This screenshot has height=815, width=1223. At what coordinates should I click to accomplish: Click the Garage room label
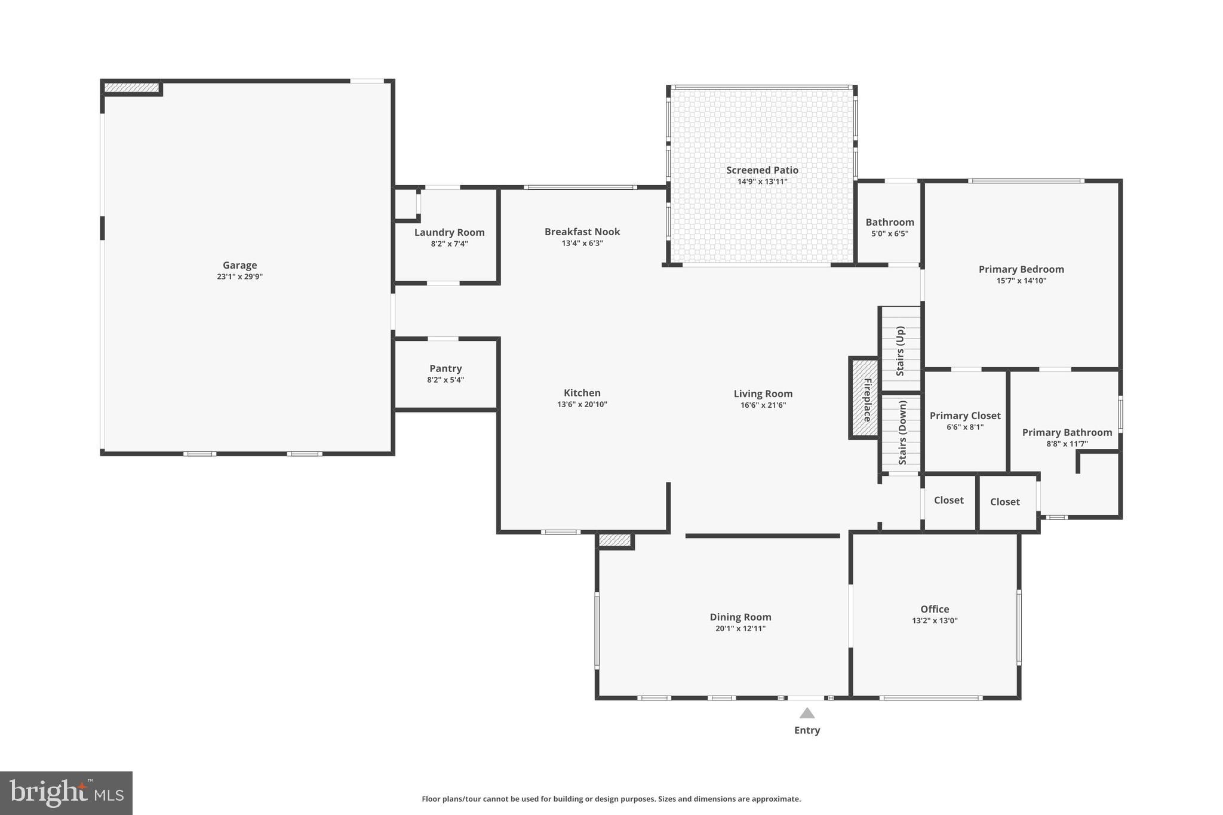(x=239, y=265)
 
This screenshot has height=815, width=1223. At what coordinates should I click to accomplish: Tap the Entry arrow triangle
(x=807, y=713)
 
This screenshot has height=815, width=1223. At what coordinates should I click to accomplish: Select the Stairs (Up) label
(x=901, y=350)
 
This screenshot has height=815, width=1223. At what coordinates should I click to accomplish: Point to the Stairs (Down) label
(x=902, y=432)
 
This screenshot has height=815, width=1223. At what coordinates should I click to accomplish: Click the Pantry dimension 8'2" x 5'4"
(x=445, y=380)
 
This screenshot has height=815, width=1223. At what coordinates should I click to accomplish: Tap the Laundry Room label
(x=449, y=232)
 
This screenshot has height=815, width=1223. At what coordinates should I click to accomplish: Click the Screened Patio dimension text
(x=762, y=182)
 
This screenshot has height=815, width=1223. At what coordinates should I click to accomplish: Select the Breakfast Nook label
(x=582, y=232)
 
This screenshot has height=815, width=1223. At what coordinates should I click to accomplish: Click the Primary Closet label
(x=964, y=416)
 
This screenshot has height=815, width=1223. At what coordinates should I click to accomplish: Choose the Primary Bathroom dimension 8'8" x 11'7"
(x=1067, y=444)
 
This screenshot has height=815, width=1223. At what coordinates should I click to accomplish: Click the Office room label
(x=934, y=609)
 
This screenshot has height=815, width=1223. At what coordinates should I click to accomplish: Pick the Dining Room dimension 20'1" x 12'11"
(x=740, y=628)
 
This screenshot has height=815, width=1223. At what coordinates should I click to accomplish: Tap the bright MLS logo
(x=66, y=794)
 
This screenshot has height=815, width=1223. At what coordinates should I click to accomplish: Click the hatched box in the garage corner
(x=131, y=88)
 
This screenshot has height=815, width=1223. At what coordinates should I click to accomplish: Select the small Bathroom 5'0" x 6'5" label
(x=889, y=222)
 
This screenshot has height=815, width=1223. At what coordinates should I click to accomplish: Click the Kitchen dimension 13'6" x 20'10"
(x=582, y=404)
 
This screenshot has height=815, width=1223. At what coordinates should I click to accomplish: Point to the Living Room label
(x=763, y=393)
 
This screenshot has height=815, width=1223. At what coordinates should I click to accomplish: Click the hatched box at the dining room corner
(x=614, y=540)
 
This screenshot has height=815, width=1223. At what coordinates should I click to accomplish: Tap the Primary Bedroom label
(x=1021, y=269)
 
